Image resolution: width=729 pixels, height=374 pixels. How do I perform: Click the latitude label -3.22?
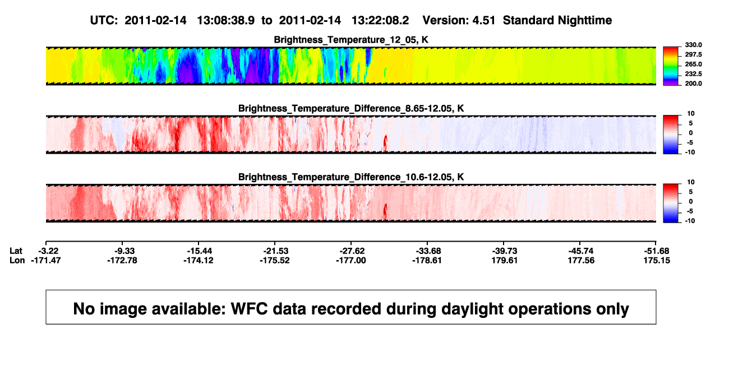tap(48, 251)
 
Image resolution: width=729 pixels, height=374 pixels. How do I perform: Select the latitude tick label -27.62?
tap(352, 251)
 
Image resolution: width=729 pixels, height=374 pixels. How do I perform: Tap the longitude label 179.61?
tap(505, 260)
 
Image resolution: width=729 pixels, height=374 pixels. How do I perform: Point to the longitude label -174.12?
tap(198, 260)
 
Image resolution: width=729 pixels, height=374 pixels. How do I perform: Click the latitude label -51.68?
tap(657, 251)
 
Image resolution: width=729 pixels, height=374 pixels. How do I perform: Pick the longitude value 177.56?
tap(581, 260)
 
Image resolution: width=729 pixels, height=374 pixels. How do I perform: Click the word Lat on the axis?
tap(16, 251)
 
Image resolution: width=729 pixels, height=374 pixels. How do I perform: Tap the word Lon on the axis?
tap(17, 260)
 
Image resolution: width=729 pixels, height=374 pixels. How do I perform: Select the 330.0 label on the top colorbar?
tap(693, 45)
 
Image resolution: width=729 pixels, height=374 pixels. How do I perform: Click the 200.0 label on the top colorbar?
tap(693, 84)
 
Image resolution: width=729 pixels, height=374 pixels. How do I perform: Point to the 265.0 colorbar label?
tap(693, 64)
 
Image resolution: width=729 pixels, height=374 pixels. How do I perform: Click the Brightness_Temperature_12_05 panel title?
tap(351, 40)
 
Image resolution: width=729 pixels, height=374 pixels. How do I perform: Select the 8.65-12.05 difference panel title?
tap(351, 108)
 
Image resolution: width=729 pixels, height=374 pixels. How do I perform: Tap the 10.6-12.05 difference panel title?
tap(351, 177)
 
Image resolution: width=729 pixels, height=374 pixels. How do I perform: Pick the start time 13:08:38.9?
tap(226, 20)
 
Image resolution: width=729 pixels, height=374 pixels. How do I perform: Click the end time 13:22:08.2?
tap(380, 20)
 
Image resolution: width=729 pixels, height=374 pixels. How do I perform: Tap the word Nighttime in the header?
tap(585, 21)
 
